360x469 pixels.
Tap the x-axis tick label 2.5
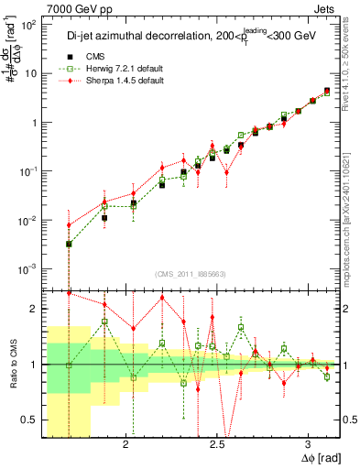click(x=217, y=445)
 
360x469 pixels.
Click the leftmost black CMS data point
click(x=69, y=244)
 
